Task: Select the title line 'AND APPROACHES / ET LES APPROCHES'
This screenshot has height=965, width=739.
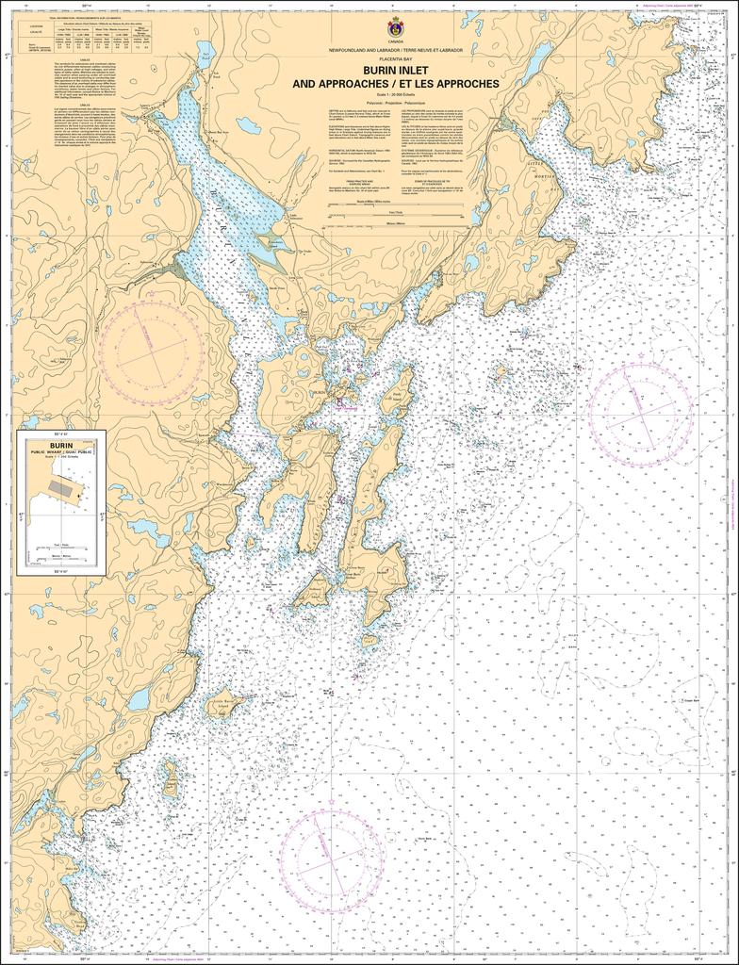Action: [x=395, y=83]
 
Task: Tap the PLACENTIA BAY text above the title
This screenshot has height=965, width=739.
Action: [x=395, y=59]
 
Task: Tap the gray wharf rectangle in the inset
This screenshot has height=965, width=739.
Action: [x=65, y=487]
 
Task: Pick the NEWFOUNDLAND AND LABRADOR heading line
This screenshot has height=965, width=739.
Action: [x=395, y=49]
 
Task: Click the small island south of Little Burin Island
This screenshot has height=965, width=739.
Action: [x=170, y=779]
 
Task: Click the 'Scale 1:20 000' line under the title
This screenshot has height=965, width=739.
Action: [x=395, y=94]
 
